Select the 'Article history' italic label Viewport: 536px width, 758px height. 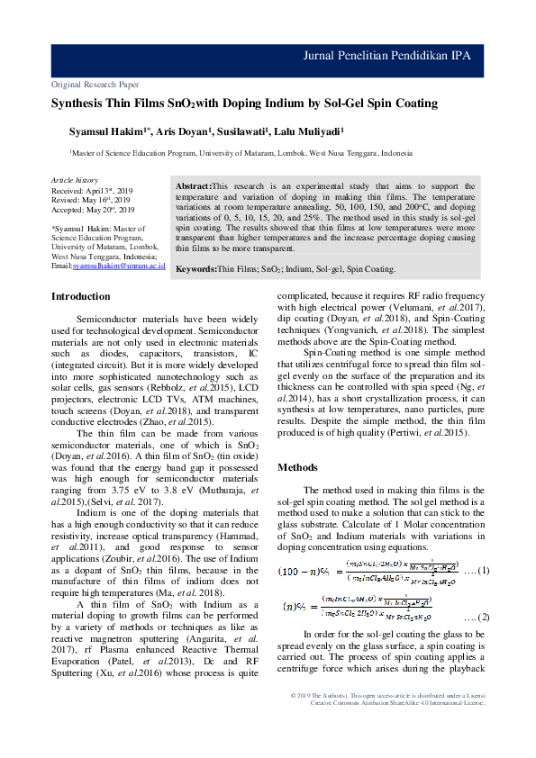(75, 181)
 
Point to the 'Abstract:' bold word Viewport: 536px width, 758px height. (193, 185)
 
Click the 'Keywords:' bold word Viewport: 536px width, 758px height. (195, 268)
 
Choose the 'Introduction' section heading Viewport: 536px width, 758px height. (80, 296)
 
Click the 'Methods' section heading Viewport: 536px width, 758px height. (296, 467)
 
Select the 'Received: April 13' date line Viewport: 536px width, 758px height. (92, 192)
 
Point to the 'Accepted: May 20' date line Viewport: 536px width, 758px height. (93, 210)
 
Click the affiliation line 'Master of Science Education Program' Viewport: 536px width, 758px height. (241, 154)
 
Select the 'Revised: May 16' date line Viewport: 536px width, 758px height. (90, 201)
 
